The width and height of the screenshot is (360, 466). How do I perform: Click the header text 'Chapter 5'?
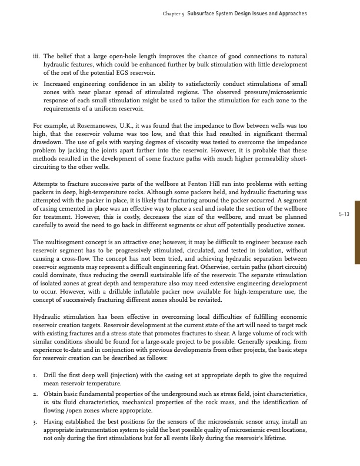tap(174, 13)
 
